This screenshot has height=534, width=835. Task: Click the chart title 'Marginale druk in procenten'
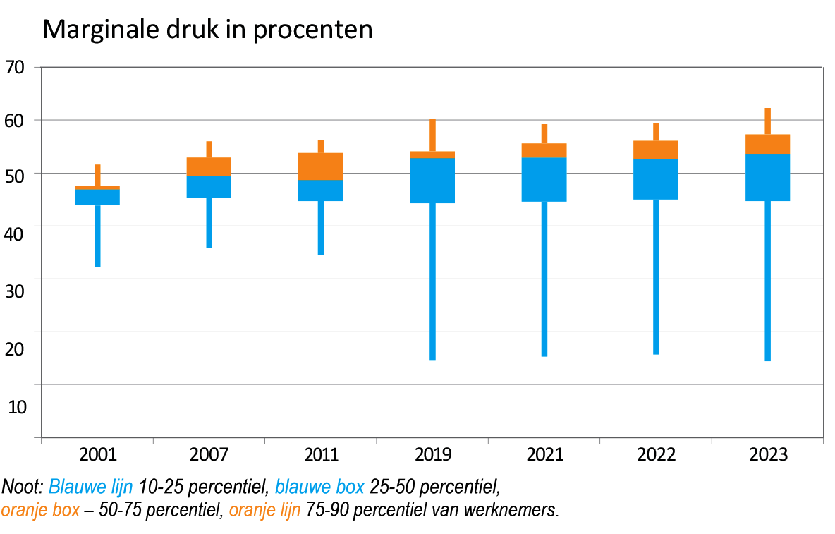[x=207, y=30]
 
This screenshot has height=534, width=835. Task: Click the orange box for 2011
[x=321, y=166]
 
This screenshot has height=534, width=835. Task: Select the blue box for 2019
[x=432, y=181]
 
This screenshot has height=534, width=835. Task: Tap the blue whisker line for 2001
[x=97, y=236]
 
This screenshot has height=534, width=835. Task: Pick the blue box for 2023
[x=767, y=178]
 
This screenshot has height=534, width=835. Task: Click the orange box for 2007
[x=209, y=166]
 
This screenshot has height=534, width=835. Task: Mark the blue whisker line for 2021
[x=544, y=279]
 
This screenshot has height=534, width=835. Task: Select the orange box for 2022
[x=656, y=150]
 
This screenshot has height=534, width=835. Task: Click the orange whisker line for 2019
[x=432, y=135]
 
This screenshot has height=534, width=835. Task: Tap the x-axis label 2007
[x=209, y=455]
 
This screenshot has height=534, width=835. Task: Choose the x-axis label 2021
[x=544, y=455]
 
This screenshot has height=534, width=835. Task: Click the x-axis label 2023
[x=767, y=455]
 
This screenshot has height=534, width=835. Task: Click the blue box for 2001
[x=97, y=197]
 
